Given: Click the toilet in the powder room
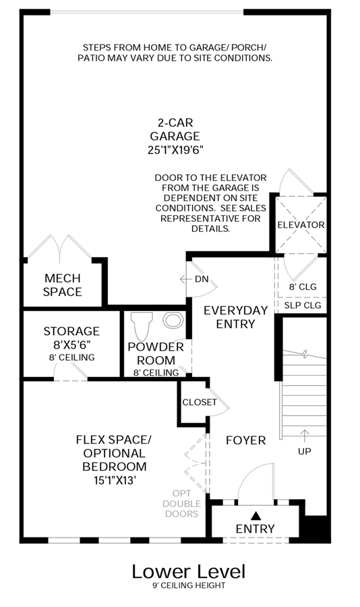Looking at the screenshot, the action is [x=140, y=326].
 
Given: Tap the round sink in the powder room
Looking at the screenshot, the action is [x=173, y=320].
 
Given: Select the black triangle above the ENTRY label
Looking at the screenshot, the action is [x=255, y=515].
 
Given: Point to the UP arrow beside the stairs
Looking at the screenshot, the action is [x=305, y=435].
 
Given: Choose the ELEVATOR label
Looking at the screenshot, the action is [x=301, y=225].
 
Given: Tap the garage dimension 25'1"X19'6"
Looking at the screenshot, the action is [x=175, y=150].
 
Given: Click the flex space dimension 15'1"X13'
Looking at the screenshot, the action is [x=115, y=480].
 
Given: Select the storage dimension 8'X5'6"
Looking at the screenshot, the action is [x=72, y=345].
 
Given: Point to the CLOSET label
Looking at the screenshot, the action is [x=200, y=402].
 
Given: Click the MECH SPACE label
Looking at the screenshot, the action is [x=62, y=285].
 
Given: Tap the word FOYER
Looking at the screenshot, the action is [x=246, y=440].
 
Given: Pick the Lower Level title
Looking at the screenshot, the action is [x=189, y=571].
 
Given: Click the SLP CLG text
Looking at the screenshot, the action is [x=303, y=306].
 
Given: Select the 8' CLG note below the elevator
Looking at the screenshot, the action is [x=303, y=287].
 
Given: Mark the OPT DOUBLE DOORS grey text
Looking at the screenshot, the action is [x=181, y=504].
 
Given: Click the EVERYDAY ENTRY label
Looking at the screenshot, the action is [x=235, y=317].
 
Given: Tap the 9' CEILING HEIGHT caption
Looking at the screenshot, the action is [x=189, y=585].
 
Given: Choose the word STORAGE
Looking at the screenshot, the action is [x=71, y=331].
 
